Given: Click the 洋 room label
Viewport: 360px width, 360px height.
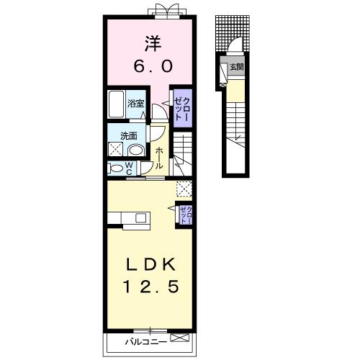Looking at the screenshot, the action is pos(153,43).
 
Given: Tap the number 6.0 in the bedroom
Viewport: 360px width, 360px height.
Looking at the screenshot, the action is pos(153,66).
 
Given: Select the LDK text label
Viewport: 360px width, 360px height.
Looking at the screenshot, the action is pos(150,264).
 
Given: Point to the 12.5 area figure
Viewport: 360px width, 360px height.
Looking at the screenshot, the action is pos(151,287).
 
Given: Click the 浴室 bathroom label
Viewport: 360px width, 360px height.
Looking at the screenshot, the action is pos(135,104).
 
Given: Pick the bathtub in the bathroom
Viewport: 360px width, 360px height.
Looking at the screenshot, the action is pos(117,104).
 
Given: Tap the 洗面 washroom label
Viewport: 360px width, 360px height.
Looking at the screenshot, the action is pos(129,136).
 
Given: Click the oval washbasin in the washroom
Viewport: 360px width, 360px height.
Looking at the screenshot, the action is pos(136,150).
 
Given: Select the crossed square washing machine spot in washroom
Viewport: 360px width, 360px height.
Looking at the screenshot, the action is pos(115,149).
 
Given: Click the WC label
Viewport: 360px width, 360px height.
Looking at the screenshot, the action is pos(129,168).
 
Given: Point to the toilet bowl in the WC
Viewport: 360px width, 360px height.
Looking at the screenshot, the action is pos(115,168).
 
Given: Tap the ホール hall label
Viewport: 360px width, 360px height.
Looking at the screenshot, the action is pos(159,158).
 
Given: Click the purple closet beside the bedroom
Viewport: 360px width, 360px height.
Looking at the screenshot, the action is pos(183,109).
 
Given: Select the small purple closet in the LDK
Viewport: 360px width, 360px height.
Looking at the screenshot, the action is pos(186,215).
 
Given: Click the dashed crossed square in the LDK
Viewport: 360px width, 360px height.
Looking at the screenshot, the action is pos(184,189).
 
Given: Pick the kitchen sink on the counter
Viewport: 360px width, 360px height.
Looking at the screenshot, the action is pos(141,218).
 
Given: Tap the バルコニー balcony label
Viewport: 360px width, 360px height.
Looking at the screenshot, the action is pos(145,342).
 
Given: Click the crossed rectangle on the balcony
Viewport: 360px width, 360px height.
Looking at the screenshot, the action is pos(179,338).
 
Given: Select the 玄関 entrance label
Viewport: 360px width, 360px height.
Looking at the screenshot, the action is pos(237,67).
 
